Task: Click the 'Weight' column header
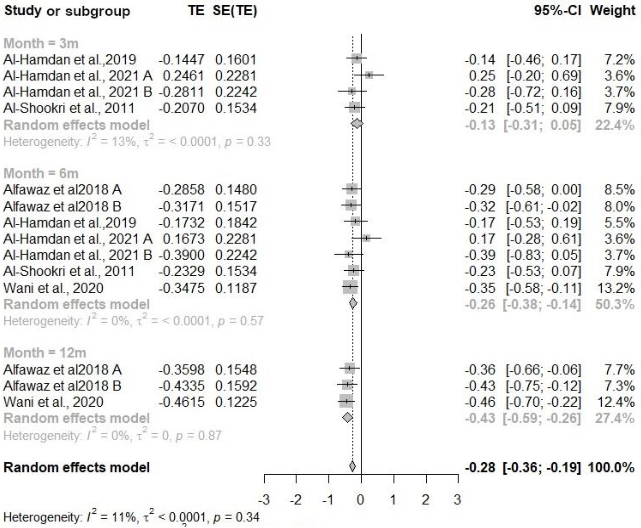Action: pos(612,11)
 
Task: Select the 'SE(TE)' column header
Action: pos(235,11)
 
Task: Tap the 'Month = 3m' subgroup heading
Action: pos(41,44)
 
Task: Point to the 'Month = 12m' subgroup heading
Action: pos(45,353)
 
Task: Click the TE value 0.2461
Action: pos(184,76)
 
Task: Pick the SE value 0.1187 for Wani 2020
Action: pos(236,288)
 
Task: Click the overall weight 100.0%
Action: pos(611,467)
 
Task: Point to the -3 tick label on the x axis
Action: pos(264,500)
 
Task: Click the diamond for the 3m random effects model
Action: pos(357,124)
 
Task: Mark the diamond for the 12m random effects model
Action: pos(347,418)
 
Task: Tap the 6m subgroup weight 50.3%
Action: pos(614,304)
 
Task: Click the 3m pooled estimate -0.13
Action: pos(480,125)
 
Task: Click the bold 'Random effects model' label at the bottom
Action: pos(76,467)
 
